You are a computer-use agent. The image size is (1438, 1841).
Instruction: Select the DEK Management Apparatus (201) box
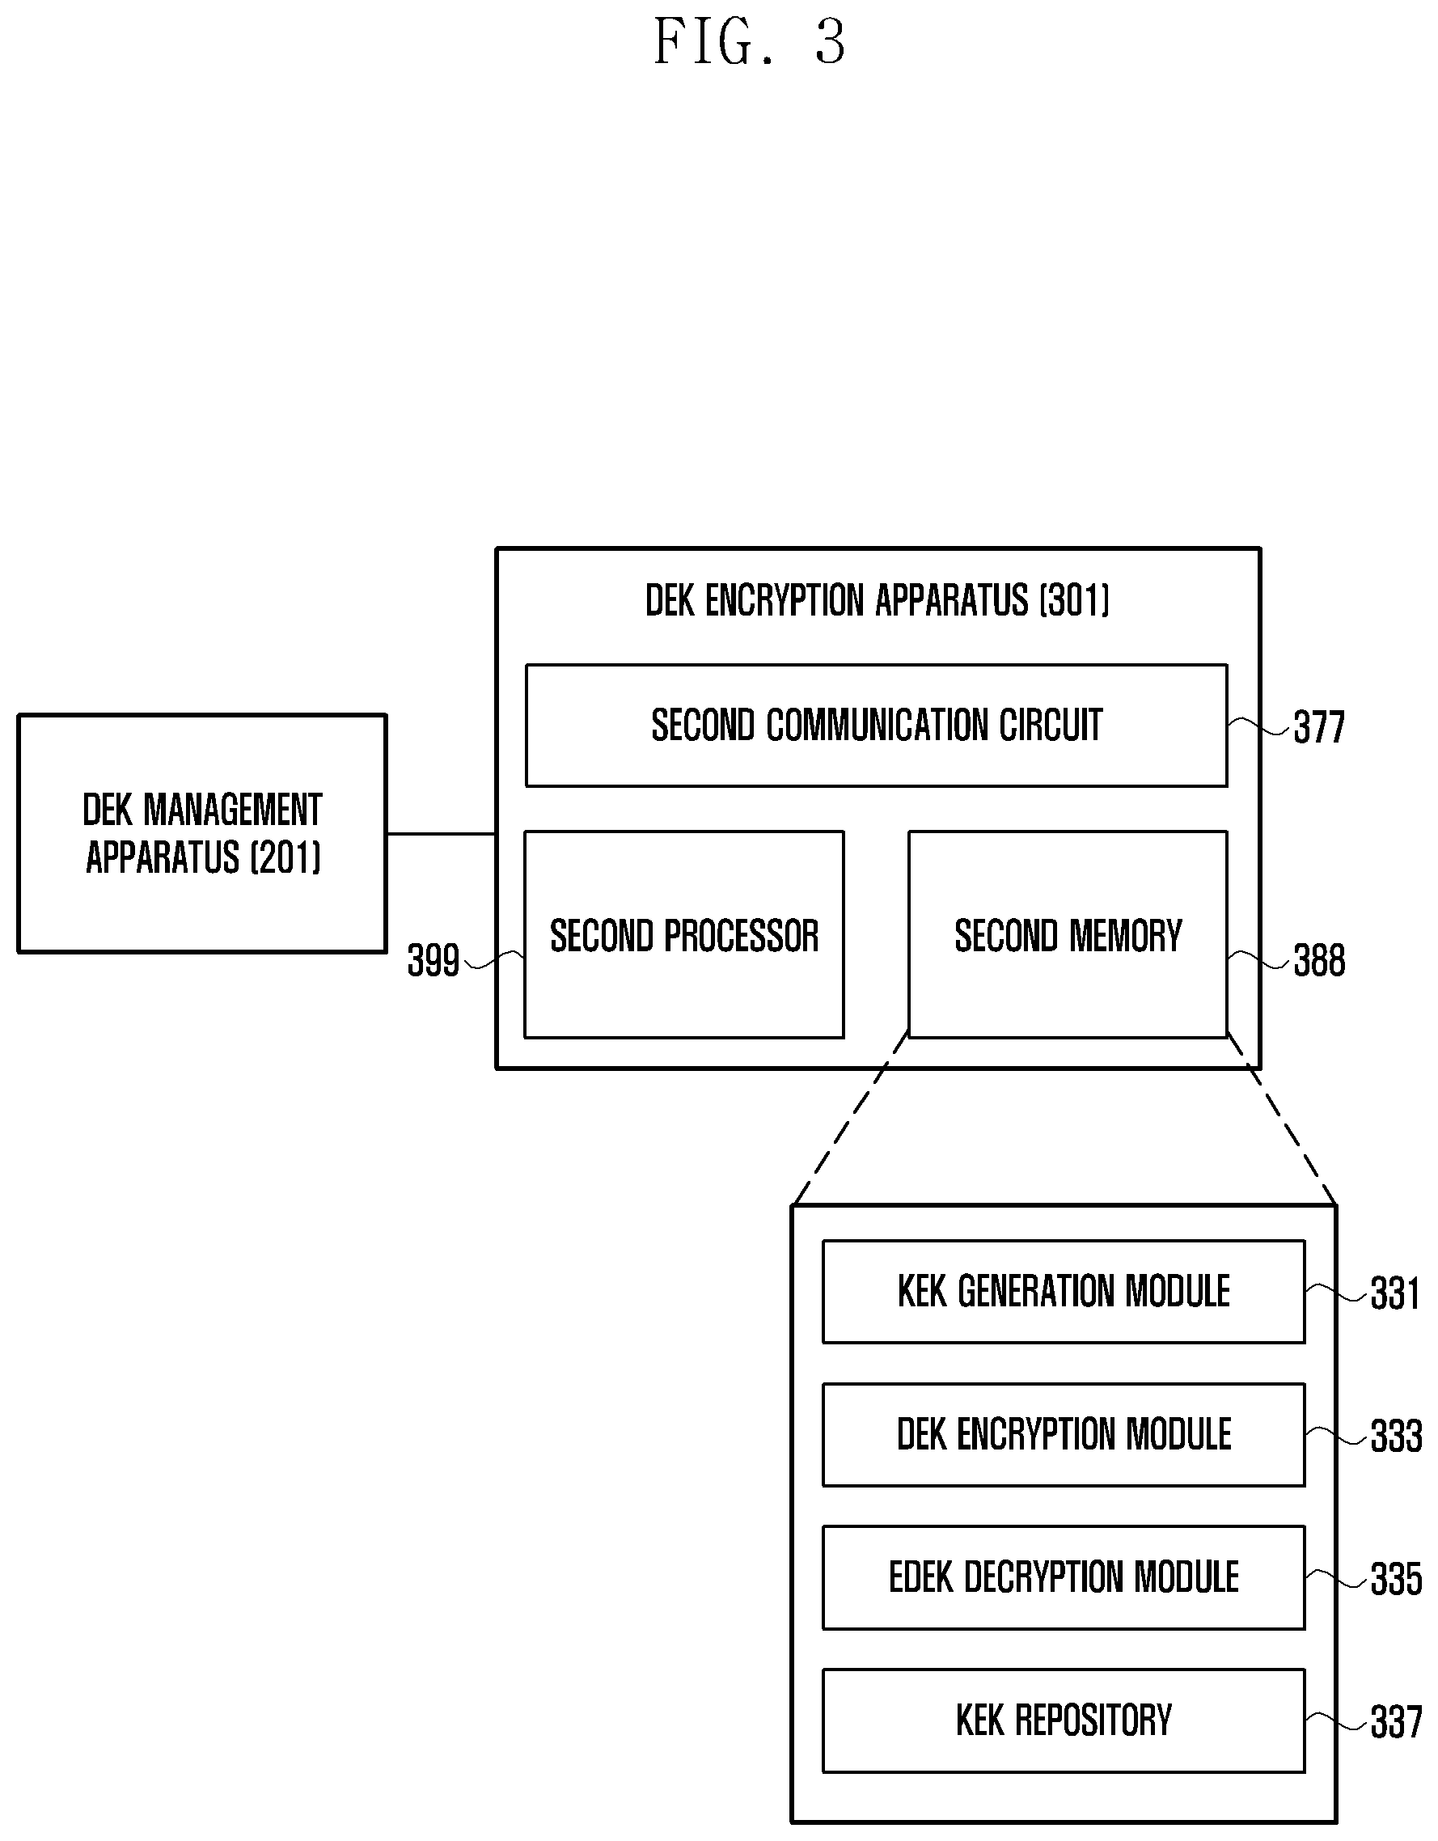[202, 834]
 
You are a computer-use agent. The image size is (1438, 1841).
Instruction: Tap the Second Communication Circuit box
[877, 726]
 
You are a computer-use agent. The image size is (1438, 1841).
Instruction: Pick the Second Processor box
[683, 935]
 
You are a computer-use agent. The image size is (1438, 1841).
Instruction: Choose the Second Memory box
[1068, 935]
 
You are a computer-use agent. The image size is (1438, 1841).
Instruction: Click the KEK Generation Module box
[1064, 1292]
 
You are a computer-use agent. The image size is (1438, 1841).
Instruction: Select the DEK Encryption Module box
[1064, 1435]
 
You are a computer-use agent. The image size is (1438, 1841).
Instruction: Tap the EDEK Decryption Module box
[1064, 1577]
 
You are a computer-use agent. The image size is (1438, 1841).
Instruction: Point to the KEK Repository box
[1064, 1720]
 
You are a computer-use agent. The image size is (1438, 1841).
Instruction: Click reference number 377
[1319, 727]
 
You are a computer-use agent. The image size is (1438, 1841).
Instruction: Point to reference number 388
[1319, 961]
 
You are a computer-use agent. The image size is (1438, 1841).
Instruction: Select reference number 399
[434, 961]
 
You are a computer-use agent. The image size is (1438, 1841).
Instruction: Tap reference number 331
[1395, 1294]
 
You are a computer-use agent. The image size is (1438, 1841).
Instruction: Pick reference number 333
[1396, 1437]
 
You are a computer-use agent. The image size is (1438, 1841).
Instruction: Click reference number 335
[1396, 1580]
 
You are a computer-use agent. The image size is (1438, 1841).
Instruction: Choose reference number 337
[1396, 1723]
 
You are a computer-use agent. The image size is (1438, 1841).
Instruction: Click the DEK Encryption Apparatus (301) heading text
[878, 600]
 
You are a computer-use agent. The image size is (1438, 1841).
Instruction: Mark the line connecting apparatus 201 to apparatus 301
[442, 834]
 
